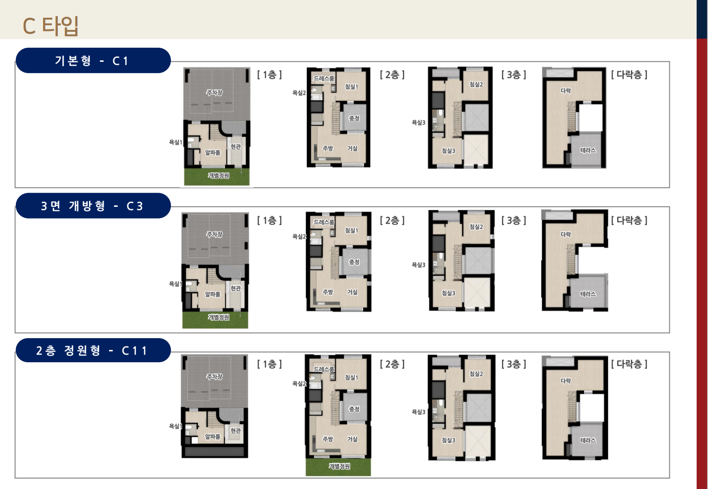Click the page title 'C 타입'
click(50, 25)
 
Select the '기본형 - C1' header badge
click(93, 60)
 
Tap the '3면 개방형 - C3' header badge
click(93, 206)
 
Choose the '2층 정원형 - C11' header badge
click(93, 350)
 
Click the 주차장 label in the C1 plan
click(214, 93)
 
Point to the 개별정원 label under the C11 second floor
click(339, 466)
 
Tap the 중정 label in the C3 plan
click(354, 262)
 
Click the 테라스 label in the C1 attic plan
click(588, 150)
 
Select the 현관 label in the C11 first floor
click(235, 430)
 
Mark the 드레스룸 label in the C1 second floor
click(324, 78)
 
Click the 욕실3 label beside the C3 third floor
click(419, 264)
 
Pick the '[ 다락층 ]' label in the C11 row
click(629, 364)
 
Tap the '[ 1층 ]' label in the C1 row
click(269, 75)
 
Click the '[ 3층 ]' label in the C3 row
click(514, 220)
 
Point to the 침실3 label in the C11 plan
click(449, 440)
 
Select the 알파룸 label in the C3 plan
click(213, 294)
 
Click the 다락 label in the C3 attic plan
click(566, 234)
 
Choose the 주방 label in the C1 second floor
click(328, 148)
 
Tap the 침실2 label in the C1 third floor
click(476, 85)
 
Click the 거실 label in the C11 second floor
click(353, 439)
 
